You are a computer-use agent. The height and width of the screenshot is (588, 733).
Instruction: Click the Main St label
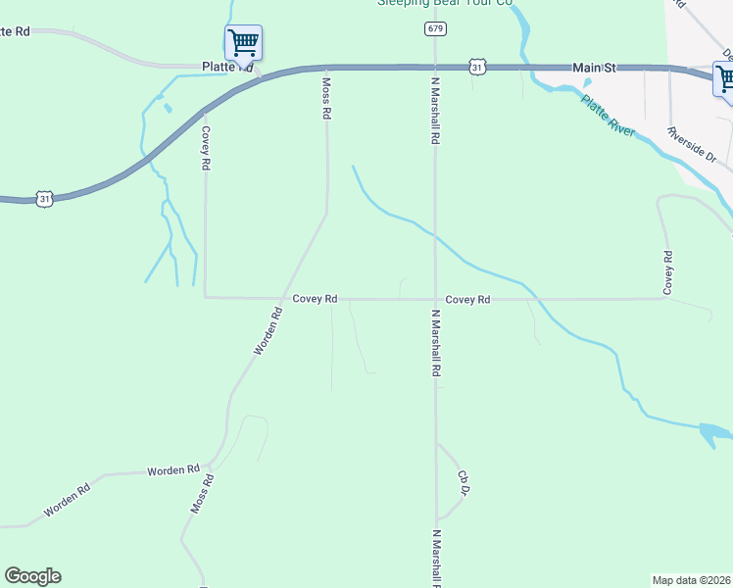tap(594, 68)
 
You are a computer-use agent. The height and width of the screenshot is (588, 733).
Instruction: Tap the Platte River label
tap(608, 116)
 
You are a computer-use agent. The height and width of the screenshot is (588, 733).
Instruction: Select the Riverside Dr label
tap(693, 144)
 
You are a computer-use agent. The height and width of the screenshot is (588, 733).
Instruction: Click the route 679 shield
tap(434, 28)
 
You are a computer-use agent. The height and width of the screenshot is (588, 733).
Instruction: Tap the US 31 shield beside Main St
tap(476, 66)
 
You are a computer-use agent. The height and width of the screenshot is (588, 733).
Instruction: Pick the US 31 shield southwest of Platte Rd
tap(44, 199)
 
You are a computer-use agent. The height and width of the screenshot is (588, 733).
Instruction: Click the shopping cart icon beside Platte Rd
tap(242, 42)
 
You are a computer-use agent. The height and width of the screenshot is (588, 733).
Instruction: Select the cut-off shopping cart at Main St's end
tap(725, 77)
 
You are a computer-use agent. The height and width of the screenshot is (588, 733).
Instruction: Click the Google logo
tap(32, 576)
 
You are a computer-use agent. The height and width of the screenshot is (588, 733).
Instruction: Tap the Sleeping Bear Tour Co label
tap(446, 3)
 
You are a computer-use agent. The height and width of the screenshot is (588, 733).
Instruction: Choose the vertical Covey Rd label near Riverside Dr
tap(667, 272)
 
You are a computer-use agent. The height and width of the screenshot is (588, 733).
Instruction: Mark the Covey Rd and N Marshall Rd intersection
tap(435, 299)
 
